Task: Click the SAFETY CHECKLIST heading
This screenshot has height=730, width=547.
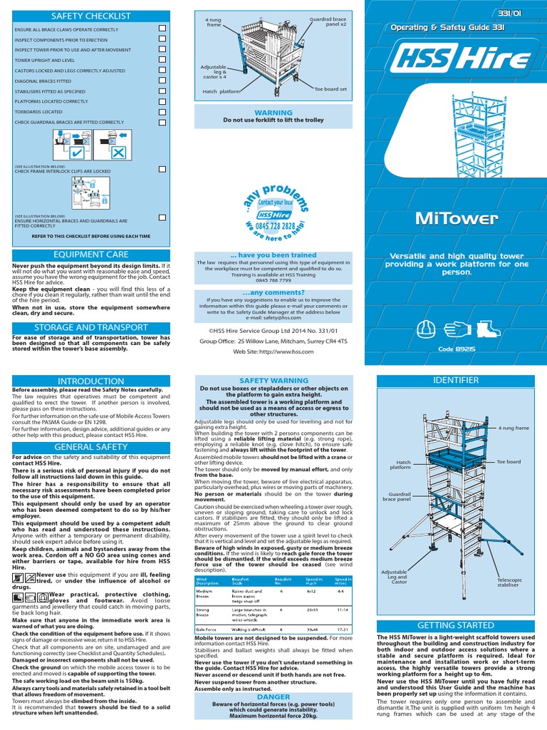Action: pyautogui.click(x=90, y=14)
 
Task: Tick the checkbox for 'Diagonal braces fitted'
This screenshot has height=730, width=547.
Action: pyautogui.click(x=162, y=81)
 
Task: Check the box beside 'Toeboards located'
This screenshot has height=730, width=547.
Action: pyautogui.click(x=162, y=112)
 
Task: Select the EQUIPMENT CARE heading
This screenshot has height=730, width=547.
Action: pyautogui.click(x=90, y=254)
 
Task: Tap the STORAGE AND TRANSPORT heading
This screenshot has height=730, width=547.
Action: pyautogui.click(x=90, y=327)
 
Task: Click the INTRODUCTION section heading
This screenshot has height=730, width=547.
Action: pyautogui.click(x=90, y=381)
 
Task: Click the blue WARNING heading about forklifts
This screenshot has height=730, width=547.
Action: pyautogui.click(x=273, y=113)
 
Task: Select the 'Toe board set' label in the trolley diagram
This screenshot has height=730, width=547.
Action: pyautogui.click(x=330, y=89)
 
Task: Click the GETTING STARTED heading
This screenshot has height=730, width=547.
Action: pyautogui.click(x=456, y=625)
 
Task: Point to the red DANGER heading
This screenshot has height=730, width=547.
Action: pyautogui.click(x=273, y=696)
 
